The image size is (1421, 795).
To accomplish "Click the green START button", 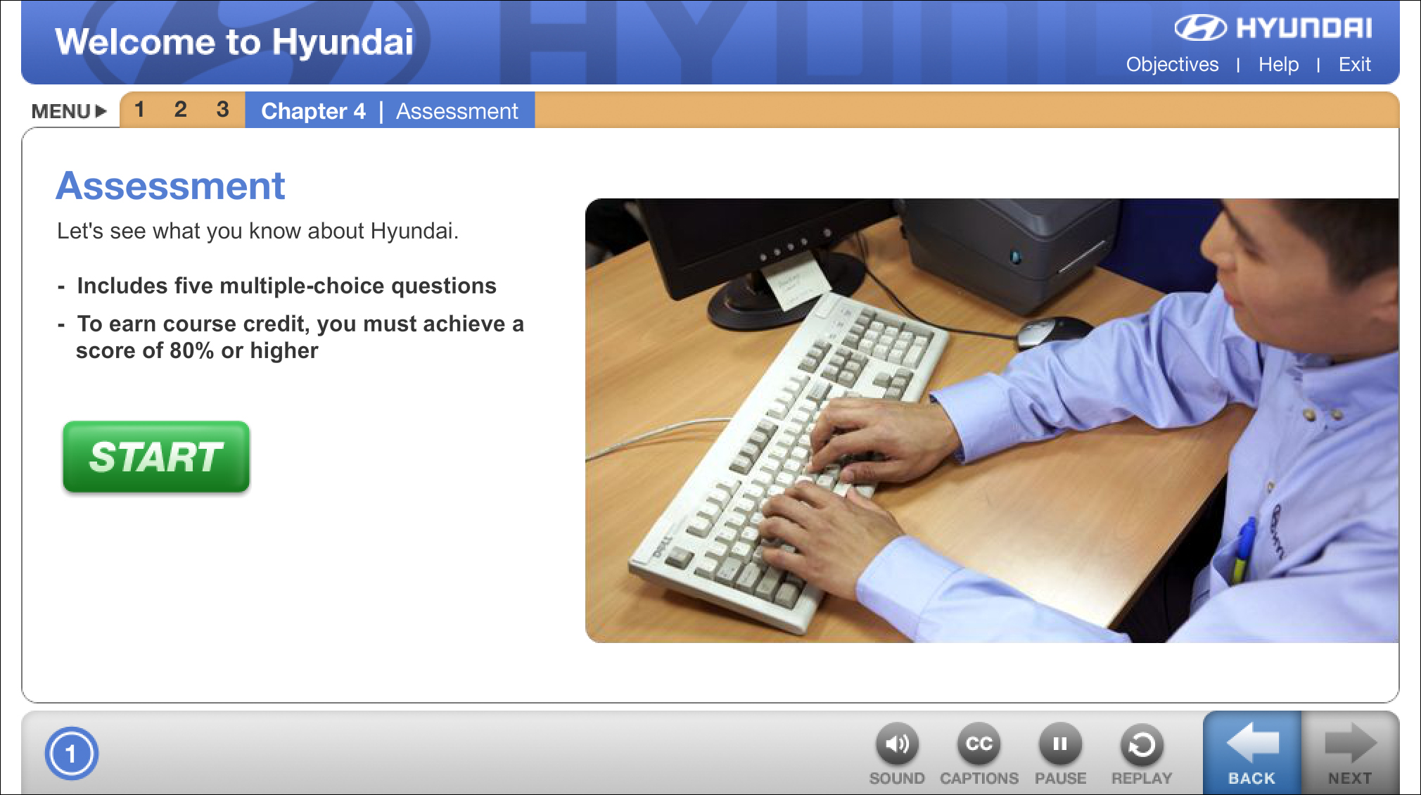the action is pos(156,457).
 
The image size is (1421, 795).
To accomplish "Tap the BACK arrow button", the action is pos(1252,752).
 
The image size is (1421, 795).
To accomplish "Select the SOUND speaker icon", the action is pos(897,744).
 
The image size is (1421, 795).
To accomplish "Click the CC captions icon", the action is pos(979,744).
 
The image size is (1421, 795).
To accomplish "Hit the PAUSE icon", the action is pos(1060,744).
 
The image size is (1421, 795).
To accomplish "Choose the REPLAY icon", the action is pos(1142,744).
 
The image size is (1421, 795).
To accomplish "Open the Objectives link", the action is pos(1172,64).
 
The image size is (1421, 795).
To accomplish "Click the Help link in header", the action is pos(1278,64).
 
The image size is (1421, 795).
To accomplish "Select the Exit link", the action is pos(1354,64).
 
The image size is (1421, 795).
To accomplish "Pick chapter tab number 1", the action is pos(139,109).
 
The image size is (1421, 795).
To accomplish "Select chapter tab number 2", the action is pos(181,109).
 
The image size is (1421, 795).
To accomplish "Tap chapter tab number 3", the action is pos(223,109).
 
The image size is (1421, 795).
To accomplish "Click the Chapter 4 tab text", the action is pos(314,111).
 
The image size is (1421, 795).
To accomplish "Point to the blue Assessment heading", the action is pos(170,186).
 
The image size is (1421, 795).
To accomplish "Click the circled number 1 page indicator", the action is pos(71,753).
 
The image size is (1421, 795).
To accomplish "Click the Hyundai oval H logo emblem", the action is pos(1200,28).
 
